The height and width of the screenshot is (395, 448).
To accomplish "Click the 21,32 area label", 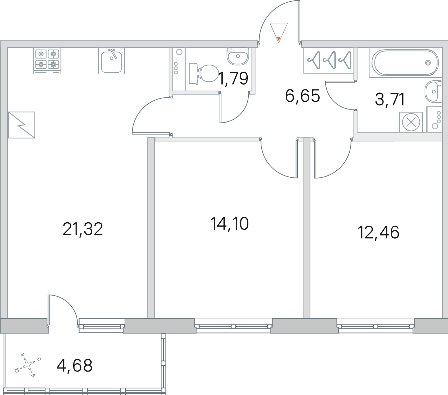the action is pos(83,229).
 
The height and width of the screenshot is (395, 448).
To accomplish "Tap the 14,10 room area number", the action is pos(230,224).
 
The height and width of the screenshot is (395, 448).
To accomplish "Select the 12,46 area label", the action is pos(378,233).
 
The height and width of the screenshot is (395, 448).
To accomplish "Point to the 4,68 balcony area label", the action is pos(75,366).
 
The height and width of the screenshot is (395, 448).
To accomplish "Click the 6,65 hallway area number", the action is pos(303,96).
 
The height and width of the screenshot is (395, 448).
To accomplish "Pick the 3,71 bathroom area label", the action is pos(390,99).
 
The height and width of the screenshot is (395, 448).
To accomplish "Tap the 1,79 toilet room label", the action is pos(233,79).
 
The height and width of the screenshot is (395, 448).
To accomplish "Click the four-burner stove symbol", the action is pos(47,61).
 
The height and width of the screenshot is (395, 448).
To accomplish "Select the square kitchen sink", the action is pos(111,61).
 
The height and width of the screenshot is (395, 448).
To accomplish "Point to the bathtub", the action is pos(405,63).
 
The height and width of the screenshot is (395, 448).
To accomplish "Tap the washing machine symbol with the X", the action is pos(411,122).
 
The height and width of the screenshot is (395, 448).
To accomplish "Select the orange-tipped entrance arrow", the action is pos(278,33).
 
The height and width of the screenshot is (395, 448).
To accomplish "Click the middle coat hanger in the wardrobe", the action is pos(330,60).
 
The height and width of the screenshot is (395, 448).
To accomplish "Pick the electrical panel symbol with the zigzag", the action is pos(22,125).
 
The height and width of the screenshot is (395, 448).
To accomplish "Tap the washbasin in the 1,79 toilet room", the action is pos(238,57).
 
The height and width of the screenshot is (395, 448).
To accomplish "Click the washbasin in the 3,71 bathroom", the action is pos(433,92).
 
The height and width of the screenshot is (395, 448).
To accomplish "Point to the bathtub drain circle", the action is pos(428,63).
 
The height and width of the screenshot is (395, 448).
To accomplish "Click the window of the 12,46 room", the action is pos(375,326).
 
